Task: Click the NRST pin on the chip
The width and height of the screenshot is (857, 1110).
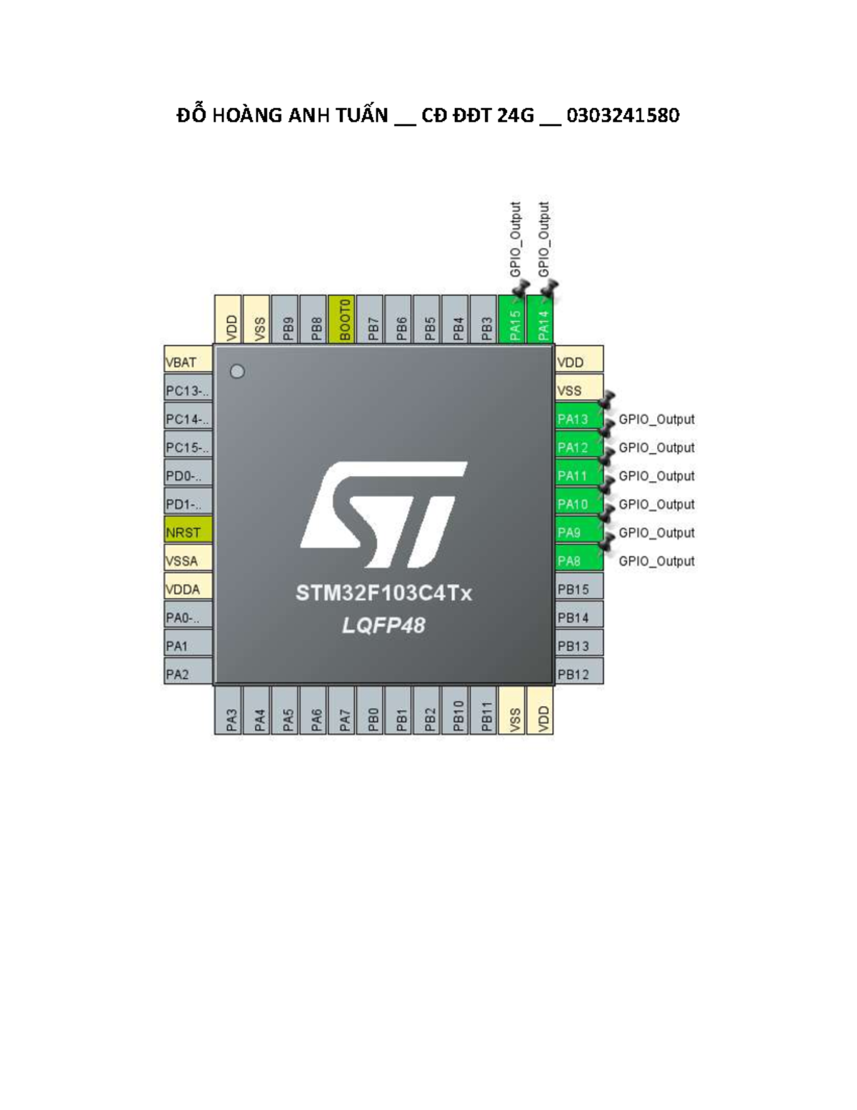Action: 188,529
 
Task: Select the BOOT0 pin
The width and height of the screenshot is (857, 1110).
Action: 341,319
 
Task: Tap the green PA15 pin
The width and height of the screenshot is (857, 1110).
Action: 511,319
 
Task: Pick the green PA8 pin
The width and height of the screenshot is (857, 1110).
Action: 578,558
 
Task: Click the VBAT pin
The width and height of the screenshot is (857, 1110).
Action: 188,359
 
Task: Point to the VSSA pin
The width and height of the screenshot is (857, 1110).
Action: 188,558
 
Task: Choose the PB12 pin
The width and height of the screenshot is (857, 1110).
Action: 578,671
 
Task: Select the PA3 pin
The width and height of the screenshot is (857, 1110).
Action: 228,710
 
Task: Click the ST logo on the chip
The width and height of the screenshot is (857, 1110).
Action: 384,515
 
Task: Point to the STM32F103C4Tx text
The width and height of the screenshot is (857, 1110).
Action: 384,593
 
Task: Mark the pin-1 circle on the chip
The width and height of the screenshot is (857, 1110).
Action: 237,372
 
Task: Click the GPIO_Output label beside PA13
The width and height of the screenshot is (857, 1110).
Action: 656,420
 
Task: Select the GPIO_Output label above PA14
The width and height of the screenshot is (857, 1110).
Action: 544,239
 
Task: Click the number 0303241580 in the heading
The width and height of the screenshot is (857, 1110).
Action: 623,116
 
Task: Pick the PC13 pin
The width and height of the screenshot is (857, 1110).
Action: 188,387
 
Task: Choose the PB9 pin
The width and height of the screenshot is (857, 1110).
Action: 284,319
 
